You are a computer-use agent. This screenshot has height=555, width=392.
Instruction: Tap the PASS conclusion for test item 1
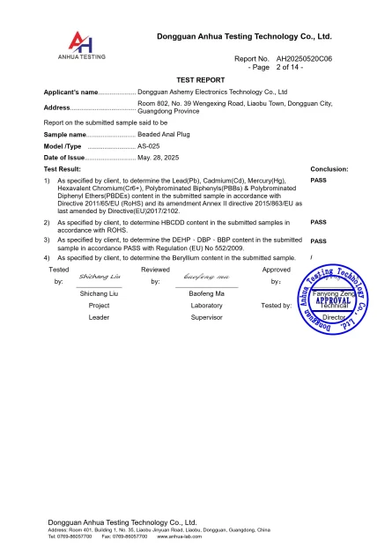(320, 179)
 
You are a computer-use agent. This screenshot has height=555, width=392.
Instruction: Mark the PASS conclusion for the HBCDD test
(320, 223)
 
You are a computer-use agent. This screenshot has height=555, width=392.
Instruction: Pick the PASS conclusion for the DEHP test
(320, 240)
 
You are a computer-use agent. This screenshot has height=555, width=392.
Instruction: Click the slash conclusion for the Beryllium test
(313, 256)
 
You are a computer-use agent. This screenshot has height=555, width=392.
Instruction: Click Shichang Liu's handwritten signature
(105, 277)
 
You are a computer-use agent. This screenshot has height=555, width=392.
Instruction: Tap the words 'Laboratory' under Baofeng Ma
(206, 305)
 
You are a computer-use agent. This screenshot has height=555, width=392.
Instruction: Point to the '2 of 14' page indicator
(291, 67)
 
